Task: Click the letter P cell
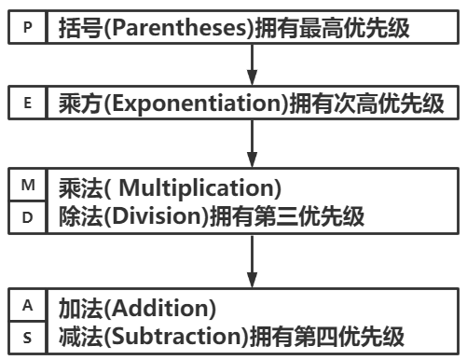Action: pyautogui.click(x=27, y=27)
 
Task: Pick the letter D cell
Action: pyautogui.click(x=27, y=216)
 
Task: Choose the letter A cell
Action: pyautogui.click(x=27, y=305)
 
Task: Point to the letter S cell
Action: pyautogui.click(x=27, y=337)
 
